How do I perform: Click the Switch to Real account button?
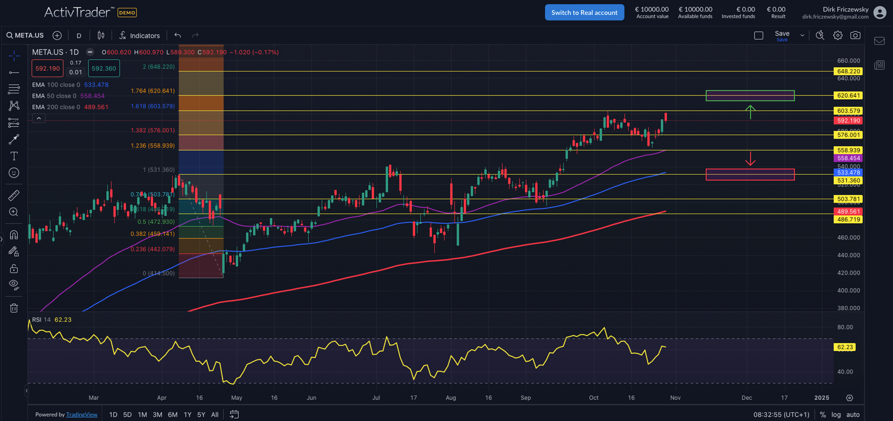pos(584,12)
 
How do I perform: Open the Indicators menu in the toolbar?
pos(140,36)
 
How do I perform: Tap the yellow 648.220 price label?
pos(849,71)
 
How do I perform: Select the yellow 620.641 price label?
pos(849,95)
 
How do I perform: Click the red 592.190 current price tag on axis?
pos(849,120)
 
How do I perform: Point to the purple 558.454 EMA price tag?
pos(849,158)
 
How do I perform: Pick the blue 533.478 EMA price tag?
pos(849,173)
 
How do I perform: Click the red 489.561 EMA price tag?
pos(849,212)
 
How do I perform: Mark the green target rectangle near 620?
pos(750,95)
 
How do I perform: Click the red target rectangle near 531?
pos(750,175)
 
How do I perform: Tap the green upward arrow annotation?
pos(750,112)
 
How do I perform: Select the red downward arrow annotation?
pos(750,159)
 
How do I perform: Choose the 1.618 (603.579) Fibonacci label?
pos(152,106)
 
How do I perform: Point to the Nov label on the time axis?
pos(675,398)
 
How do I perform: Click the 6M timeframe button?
pos(172,415)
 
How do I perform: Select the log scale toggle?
pos(836,415)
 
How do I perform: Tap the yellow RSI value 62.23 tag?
pos(845,347)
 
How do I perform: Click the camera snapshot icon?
pos(855,35)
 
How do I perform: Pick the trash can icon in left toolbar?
pos(14,308)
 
